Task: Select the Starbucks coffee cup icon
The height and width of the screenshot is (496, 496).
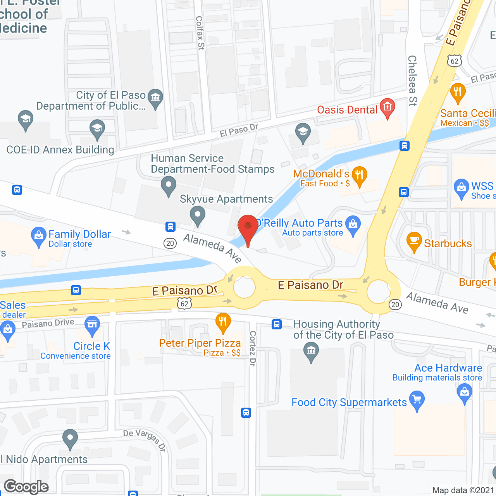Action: pyautogui.click(x=414, y=241)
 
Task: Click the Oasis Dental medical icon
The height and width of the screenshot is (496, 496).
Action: pyautogui.click(x=387, y=107)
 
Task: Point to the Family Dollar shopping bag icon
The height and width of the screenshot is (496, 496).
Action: pyautogui.click(x=38, y=236)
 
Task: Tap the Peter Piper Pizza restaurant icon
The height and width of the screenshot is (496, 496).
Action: pyautogui.click(x=223, y=322)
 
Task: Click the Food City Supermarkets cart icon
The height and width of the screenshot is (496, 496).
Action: pyautogui.click(x=417, y=400)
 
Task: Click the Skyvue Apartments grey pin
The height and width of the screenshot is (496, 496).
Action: pyautogui.click(x=198, y=215)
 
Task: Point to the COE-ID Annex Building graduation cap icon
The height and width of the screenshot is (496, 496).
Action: pyautogui.click(x=97, y=128)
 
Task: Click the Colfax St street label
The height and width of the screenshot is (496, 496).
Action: pyautogui.click(x=200, y=33)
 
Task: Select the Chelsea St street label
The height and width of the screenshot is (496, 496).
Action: pyautogui.click(x=412, y=80)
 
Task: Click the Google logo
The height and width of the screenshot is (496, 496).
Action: pyautogui.click(x=26, y=487)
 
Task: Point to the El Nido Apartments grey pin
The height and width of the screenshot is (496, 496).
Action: pyautogui.click(x=70, y=439)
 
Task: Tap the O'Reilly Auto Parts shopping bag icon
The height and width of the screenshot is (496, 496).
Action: pyautogui.click(x=353, y=225)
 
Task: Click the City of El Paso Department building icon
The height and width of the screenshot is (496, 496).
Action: pyautogui.click(x=155, y=97)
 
